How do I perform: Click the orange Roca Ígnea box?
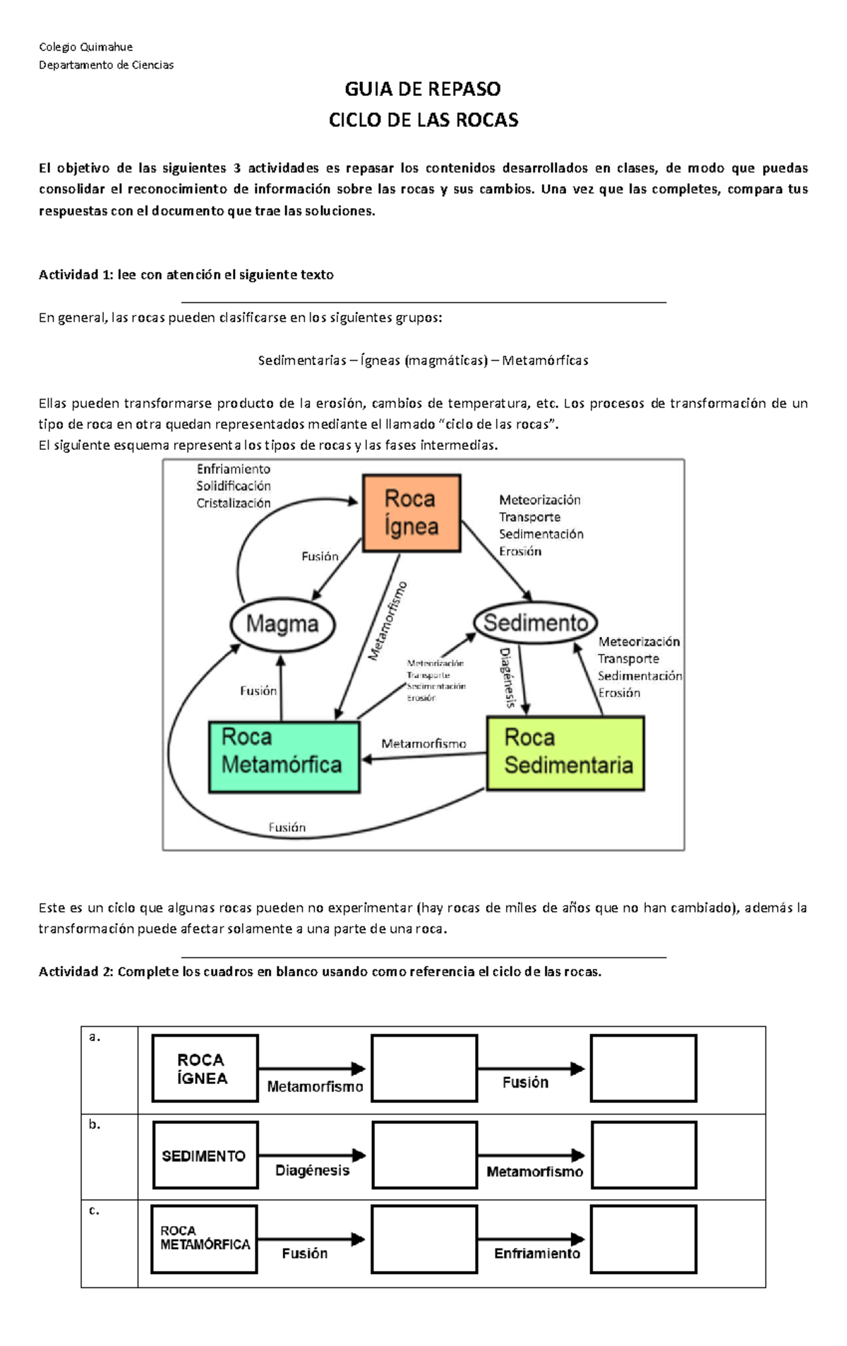pos(412,513)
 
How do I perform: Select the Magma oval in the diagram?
pos(282,624)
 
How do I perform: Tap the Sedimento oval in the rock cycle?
pos(536,623)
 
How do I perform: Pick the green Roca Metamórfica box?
pos(284,756)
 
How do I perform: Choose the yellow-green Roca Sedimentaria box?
pos(565,753)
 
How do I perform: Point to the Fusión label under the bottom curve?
pos(287,827)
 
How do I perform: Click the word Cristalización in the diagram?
pos(234,503)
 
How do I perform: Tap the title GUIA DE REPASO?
pos(423,89)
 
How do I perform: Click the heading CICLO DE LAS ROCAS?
pos(423,120)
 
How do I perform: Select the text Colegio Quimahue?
pos(85,47)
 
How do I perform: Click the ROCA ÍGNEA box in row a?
pos(205,1068)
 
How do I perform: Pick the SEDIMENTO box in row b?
pos(205,1155)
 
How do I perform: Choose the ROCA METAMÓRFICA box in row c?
pos(205,1239)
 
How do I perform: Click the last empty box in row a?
pos(643,1068)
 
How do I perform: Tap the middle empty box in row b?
pos(424,1155)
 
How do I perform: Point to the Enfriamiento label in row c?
pos(537,1253)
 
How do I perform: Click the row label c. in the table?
pos(94,1210)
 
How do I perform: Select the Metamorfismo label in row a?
pos(315,1087)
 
